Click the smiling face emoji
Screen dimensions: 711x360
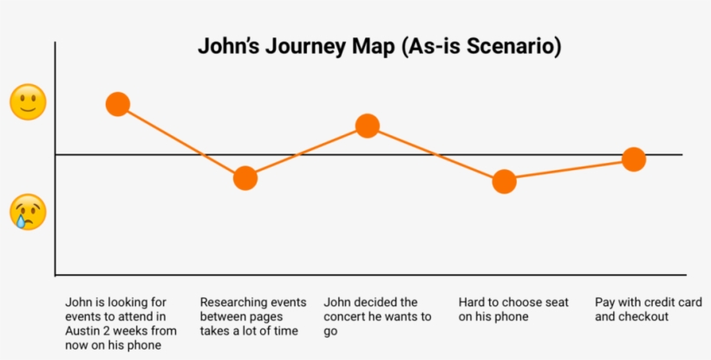tap(28, 102)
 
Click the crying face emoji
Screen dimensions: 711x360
tap(28, 213)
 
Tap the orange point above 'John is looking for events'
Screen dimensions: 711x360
tap(118, 104)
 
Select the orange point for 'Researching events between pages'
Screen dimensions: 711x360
tap(245, 178)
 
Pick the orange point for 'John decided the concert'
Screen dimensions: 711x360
tap(368, 126)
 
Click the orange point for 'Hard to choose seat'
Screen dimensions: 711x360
tap(505, 182)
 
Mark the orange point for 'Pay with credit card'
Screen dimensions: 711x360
tap(634, 160)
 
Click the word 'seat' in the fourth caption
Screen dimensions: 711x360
tap(558, 303)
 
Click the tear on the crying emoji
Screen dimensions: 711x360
tap(20, 221)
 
